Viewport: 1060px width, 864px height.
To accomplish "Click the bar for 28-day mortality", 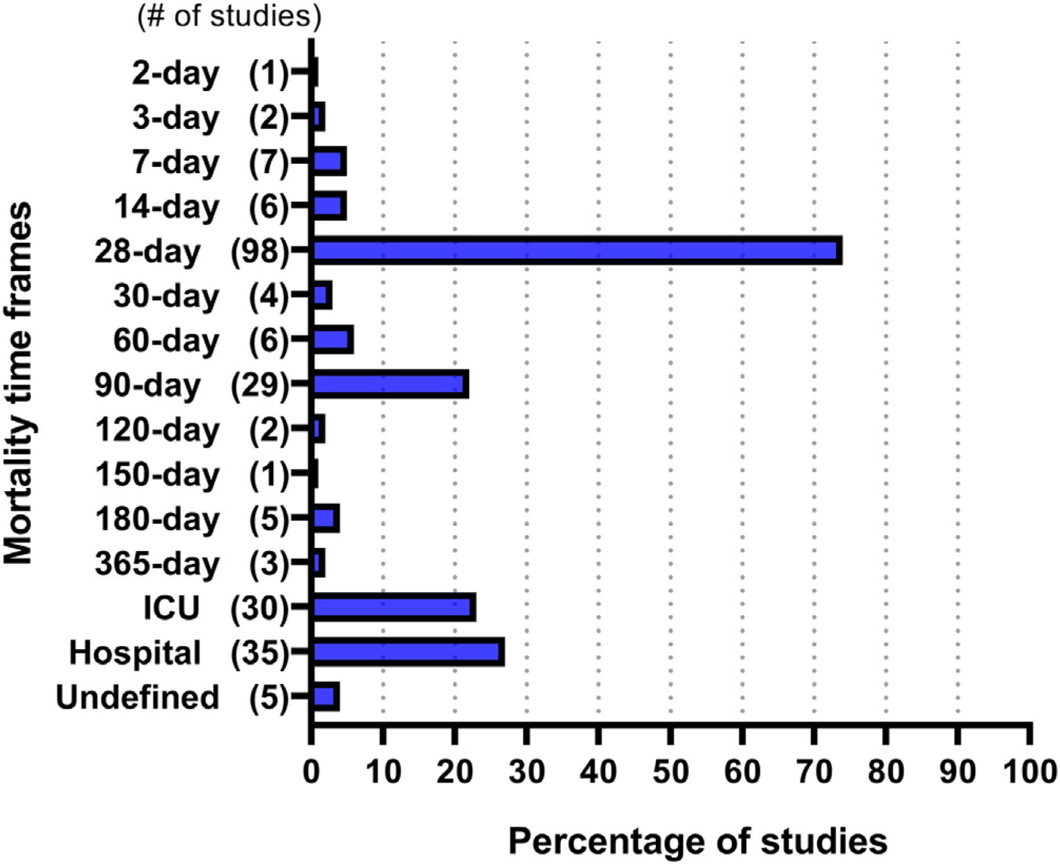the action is tap(576, 250).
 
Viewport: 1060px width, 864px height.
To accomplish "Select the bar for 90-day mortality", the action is tap(390, 385).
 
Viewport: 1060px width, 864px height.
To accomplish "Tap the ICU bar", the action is tap(394, 607).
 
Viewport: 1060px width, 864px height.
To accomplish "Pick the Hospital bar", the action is tap(408, 652).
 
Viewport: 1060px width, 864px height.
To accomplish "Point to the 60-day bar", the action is tap(332, 340).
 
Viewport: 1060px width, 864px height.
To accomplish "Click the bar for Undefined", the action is tap(325, 697).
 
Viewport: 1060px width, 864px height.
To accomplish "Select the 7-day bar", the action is tap(329, 161).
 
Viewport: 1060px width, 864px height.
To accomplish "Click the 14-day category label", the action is tap(167, 208).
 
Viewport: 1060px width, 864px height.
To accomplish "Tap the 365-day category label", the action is tap(157, 564).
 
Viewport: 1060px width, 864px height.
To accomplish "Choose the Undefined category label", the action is tap(138, 697).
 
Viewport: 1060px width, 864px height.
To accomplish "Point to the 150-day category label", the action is tap(158, 474).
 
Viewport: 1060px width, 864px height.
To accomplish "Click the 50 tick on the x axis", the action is tap(671, 772).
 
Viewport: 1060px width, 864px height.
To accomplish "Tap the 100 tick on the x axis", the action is tap(1030, 772).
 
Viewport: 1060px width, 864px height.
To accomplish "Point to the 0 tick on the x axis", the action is tap(311, 772).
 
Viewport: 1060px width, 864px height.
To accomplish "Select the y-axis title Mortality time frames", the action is tap(18, 383).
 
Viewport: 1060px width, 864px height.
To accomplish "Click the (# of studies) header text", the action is tap(229, 15).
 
